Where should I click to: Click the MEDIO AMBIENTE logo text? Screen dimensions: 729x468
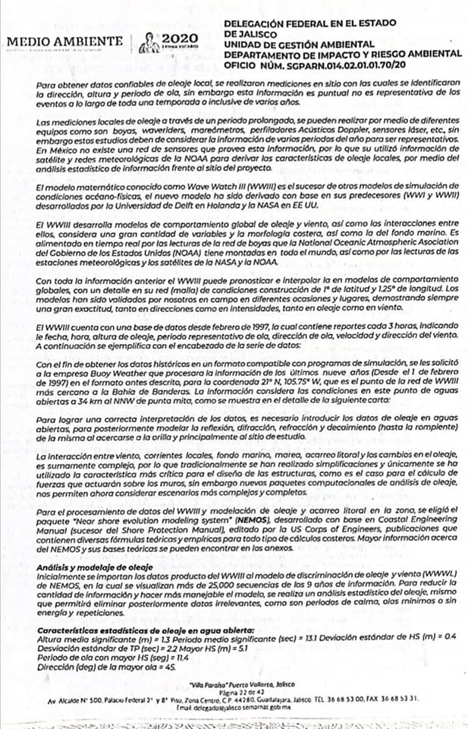tap(64, 40)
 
